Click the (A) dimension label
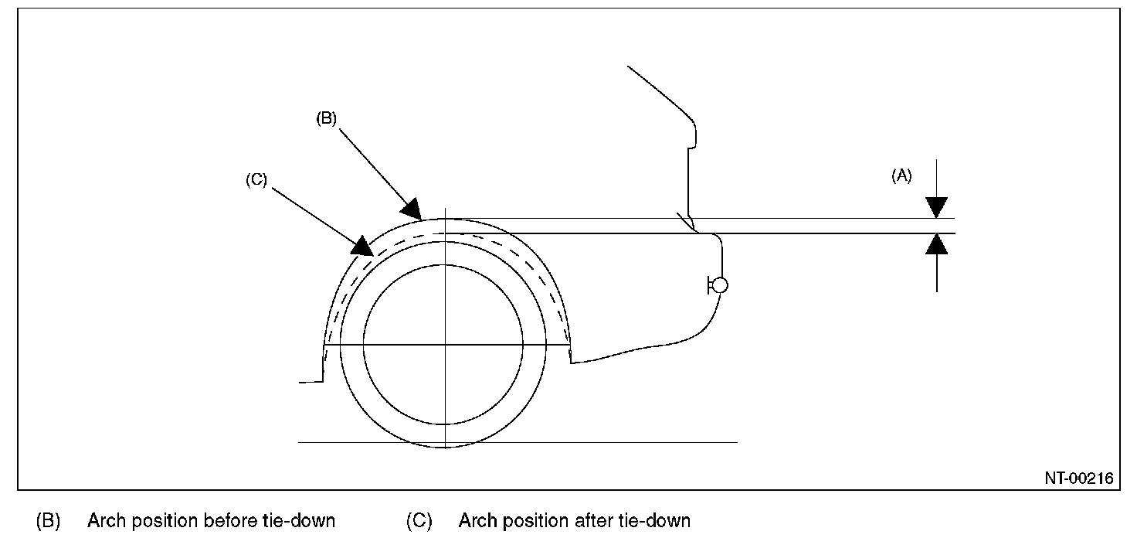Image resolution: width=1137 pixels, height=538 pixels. pos(901,176)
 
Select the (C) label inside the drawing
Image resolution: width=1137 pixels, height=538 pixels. pos(256,180)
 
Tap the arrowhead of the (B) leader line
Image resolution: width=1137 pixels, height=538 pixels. pos(412,210)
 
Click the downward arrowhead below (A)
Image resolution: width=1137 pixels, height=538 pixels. pos(936,207)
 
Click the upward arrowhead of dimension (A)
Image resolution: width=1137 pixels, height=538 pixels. pos(936,244)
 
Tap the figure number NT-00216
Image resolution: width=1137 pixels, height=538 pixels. pos(1079,479)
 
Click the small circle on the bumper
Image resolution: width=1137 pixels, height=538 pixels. pos(719,286)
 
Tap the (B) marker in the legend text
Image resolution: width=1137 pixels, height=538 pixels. pos(48,520)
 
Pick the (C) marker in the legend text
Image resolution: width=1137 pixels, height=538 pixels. pos(419,520)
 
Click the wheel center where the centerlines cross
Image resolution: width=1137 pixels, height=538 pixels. pos(446,345)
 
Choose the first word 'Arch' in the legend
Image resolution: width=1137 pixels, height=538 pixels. pos(104,520)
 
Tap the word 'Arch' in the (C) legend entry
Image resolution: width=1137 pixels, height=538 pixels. pos(475,520)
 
